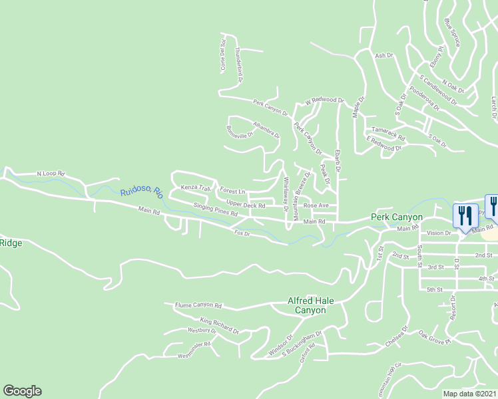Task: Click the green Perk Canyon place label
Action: [397, 217]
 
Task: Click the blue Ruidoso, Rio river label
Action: [142, 192]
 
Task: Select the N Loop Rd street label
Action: [50, 174]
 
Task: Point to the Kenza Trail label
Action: [195, 188]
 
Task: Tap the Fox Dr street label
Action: [242, 233]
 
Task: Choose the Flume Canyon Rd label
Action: [198, 305]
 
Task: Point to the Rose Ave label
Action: [316, 205]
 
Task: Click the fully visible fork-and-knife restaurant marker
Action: [464, 215]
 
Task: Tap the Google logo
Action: [22, 391]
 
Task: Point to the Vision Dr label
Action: [439, 233]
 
